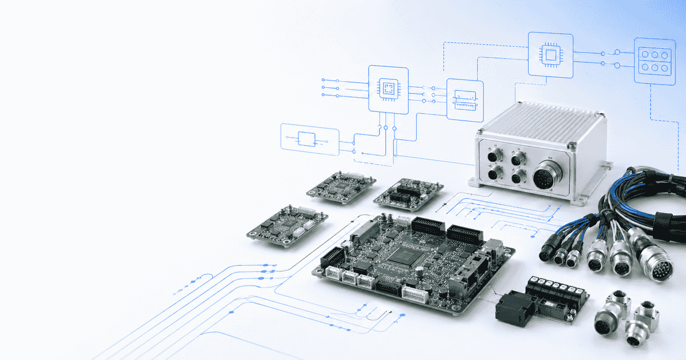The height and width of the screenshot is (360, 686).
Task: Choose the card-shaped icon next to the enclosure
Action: [464, 100]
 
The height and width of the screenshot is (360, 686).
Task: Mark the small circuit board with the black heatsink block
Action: [409, 191]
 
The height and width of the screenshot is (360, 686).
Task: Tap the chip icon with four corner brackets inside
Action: [388, 88]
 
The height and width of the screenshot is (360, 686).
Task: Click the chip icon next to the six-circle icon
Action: [550, 54]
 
